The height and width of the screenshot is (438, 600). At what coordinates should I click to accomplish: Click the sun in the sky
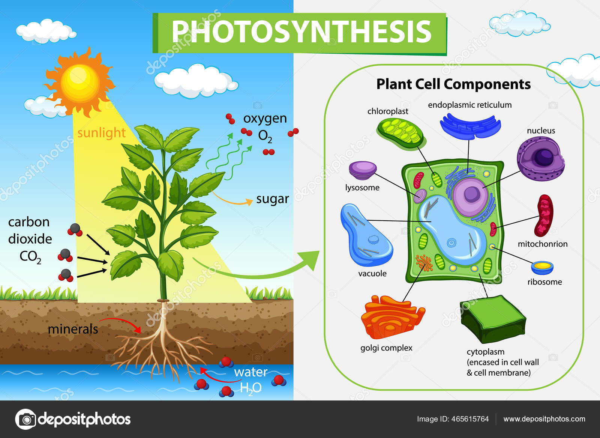click(79, 82)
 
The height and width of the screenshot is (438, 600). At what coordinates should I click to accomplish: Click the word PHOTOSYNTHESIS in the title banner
click(301, 32)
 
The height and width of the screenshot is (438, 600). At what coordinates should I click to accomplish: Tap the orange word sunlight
click(101, 133)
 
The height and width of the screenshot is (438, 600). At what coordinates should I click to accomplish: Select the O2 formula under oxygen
click(265, 136)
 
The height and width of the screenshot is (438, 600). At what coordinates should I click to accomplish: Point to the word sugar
click(272, 199)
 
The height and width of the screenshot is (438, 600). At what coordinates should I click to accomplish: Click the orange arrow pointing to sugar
click(232, 200)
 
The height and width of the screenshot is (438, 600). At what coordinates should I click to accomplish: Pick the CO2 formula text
click(30, 257)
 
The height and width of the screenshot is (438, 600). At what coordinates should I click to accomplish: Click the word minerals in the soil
click(73, 329)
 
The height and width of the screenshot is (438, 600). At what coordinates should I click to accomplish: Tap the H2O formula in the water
click(250, 388)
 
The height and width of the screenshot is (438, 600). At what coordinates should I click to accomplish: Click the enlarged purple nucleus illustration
click(540, 158)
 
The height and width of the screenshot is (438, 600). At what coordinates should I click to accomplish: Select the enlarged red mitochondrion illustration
click(545, 215)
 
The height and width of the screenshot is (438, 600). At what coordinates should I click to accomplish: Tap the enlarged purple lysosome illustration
click(363, 170)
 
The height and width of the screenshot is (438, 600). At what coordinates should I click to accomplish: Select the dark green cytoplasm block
click(493, 319)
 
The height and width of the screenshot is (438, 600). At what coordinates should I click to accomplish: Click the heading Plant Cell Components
click(453, 84)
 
